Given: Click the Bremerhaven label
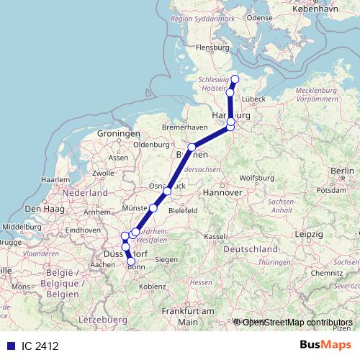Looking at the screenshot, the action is pyautogui.click(x=184, y=127).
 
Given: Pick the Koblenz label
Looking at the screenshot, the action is pyautogui.click(x=152, y=286).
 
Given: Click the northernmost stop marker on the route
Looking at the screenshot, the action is pyautogui.click(x=235, y=79).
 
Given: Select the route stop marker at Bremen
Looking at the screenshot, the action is pyautogui.click(x=192, y=148).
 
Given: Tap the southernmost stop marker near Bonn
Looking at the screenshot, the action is pyautogui.click(x=131, y=262).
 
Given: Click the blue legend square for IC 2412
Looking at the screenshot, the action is pyautogui.click(x=10, y=346).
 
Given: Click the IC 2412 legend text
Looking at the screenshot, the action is pyautogui.click(x=40, y=346).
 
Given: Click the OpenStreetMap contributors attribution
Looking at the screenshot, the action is pyautogui.click(x=297, y=323).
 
